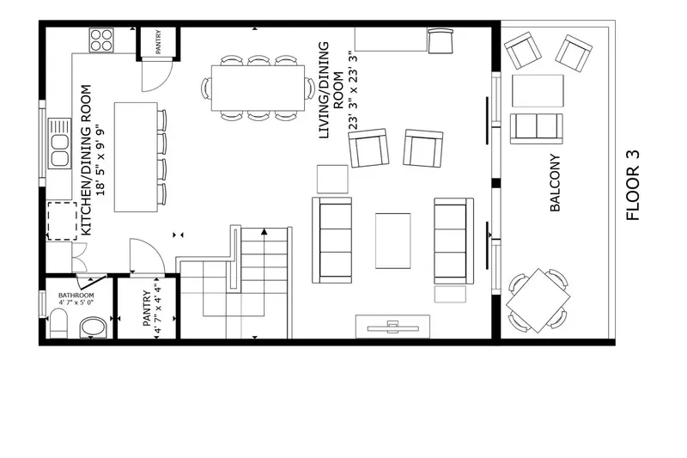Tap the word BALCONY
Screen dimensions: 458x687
point(556,183)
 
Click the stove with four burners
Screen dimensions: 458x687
point(102,40)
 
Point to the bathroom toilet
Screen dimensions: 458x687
point(58,325)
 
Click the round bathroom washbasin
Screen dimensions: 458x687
point(92,327)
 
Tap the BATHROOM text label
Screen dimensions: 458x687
point(76,296)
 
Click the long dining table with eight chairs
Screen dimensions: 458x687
point(258,88)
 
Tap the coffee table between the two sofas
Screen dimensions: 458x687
point(392,241)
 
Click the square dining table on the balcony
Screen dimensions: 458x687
point(538,300)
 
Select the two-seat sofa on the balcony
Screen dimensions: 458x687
point(537,127)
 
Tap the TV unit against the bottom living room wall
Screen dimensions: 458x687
point(393,326)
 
